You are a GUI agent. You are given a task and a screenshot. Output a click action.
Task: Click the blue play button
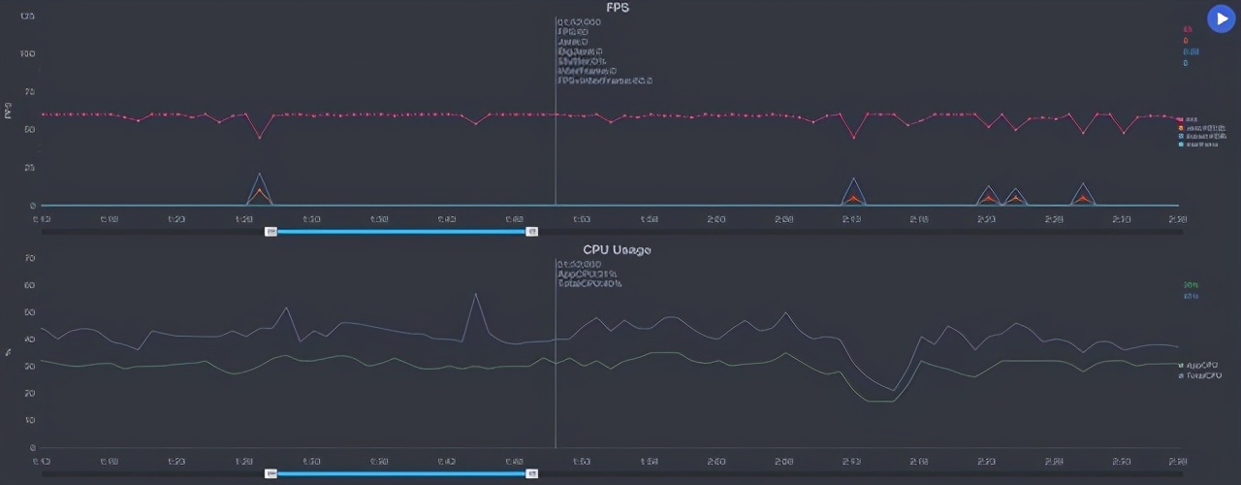[x=1220, y=18]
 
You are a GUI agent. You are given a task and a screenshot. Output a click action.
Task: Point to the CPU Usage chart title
[x=617, y=250]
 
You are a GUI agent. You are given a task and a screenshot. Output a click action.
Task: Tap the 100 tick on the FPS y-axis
[x=27, y=53]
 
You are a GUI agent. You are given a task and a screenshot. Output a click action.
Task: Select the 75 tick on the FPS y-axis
[x=29, y=91]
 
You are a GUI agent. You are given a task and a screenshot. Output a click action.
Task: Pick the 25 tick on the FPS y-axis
[x=29, y=168]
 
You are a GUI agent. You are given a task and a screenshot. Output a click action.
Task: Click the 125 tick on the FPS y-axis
[x=27, y=16]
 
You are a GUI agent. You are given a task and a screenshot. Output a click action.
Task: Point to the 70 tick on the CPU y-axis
[x=30, y=258]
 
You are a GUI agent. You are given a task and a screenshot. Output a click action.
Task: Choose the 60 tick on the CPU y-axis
[x=30, y=285]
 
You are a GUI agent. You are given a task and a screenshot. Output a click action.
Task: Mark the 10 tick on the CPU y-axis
[x=30, y=421]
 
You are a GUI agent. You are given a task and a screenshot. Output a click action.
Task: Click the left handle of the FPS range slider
[x=271, y=231]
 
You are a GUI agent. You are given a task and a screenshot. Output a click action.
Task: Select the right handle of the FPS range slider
[x=531, y=231]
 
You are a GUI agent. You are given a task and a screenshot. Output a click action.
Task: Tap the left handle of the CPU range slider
[x=271, y=473]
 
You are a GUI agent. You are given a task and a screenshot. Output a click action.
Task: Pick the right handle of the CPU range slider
[x=531, y=473]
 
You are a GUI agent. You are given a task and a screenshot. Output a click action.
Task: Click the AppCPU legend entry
[x=1200, y=366]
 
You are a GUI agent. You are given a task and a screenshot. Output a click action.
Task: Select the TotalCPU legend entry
[x=1201, y=374]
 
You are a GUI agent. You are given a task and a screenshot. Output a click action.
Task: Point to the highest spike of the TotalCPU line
[x=475, y=293]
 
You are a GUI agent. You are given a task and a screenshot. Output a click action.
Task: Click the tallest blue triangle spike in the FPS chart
[x=259, y=174]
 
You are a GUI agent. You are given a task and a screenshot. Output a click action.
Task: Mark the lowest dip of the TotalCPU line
[x=893, y=390]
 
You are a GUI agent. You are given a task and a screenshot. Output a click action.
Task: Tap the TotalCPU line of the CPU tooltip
[x=589, y=284]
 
